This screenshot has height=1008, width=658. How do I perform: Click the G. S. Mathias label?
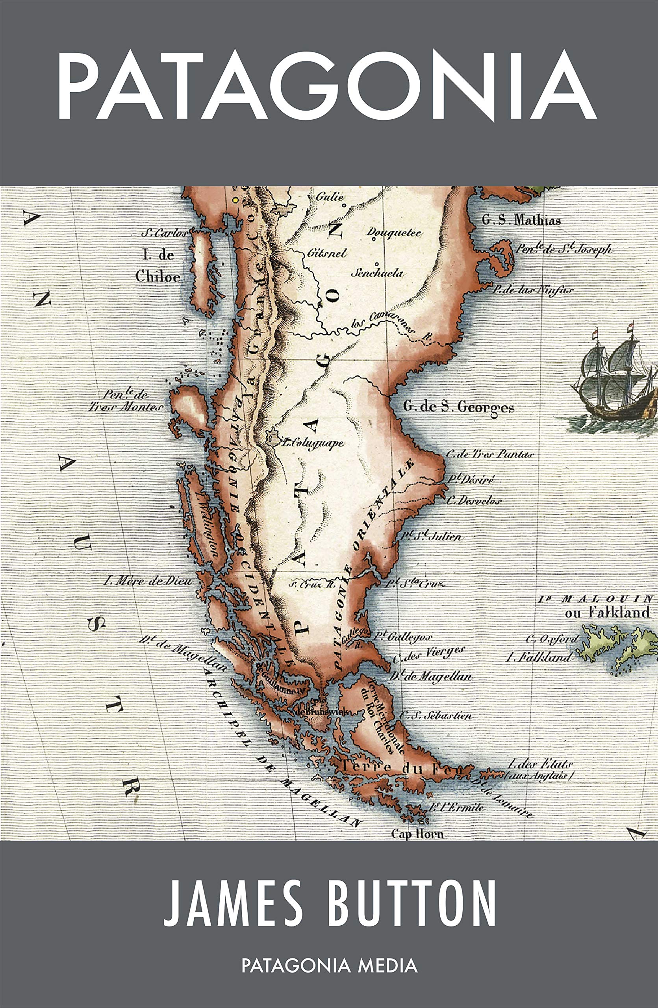(521, 220)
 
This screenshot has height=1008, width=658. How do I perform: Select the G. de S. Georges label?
(459, 408)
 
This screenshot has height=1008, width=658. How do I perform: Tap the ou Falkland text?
(607, 612)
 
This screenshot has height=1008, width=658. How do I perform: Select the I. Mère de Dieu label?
(147, 581)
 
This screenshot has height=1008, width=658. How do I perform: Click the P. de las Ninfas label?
(532, 291)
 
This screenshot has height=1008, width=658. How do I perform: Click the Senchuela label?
(379, 273)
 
